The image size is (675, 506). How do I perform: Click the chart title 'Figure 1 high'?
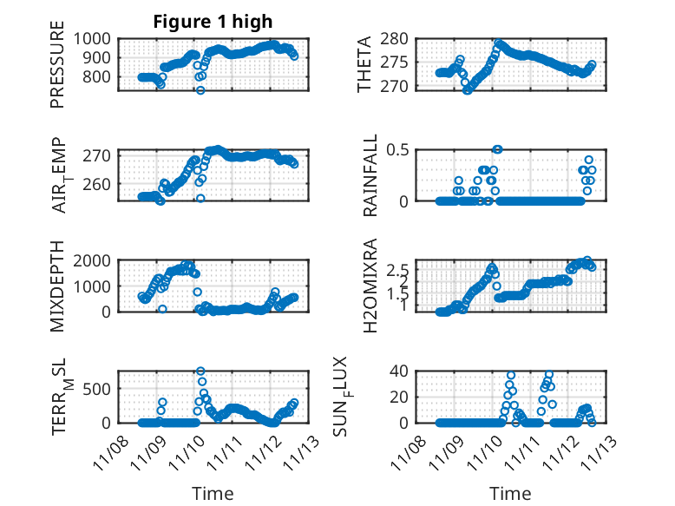click(x=213, y=21)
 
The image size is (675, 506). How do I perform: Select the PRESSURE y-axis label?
click(x=57, y=70)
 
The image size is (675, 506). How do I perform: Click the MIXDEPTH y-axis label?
click(x=57, y=286)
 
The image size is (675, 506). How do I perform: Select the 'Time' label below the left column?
click(x=213, y=494)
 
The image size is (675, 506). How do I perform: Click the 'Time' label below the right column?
click(x=511, y=494)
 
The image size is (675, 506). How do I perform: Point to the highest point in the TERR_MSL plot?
click(x=200, y=371)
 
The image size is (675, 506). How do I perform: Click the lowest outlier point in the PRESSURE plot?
click(x=200, y=89)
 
